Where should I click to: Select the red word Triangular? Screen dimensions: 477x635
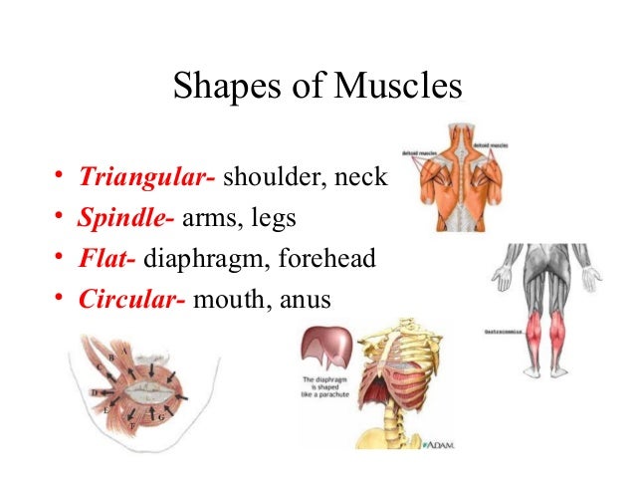(145, 179)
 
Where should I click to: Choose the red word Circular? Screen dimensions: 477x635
(131, 300)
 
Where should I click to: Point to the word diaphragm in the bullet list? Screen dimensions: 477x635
(206, 261)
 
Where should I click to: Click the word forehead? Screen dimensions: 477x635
(326, 260)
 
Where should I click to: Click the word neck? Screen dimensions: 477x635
(362, 179)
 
